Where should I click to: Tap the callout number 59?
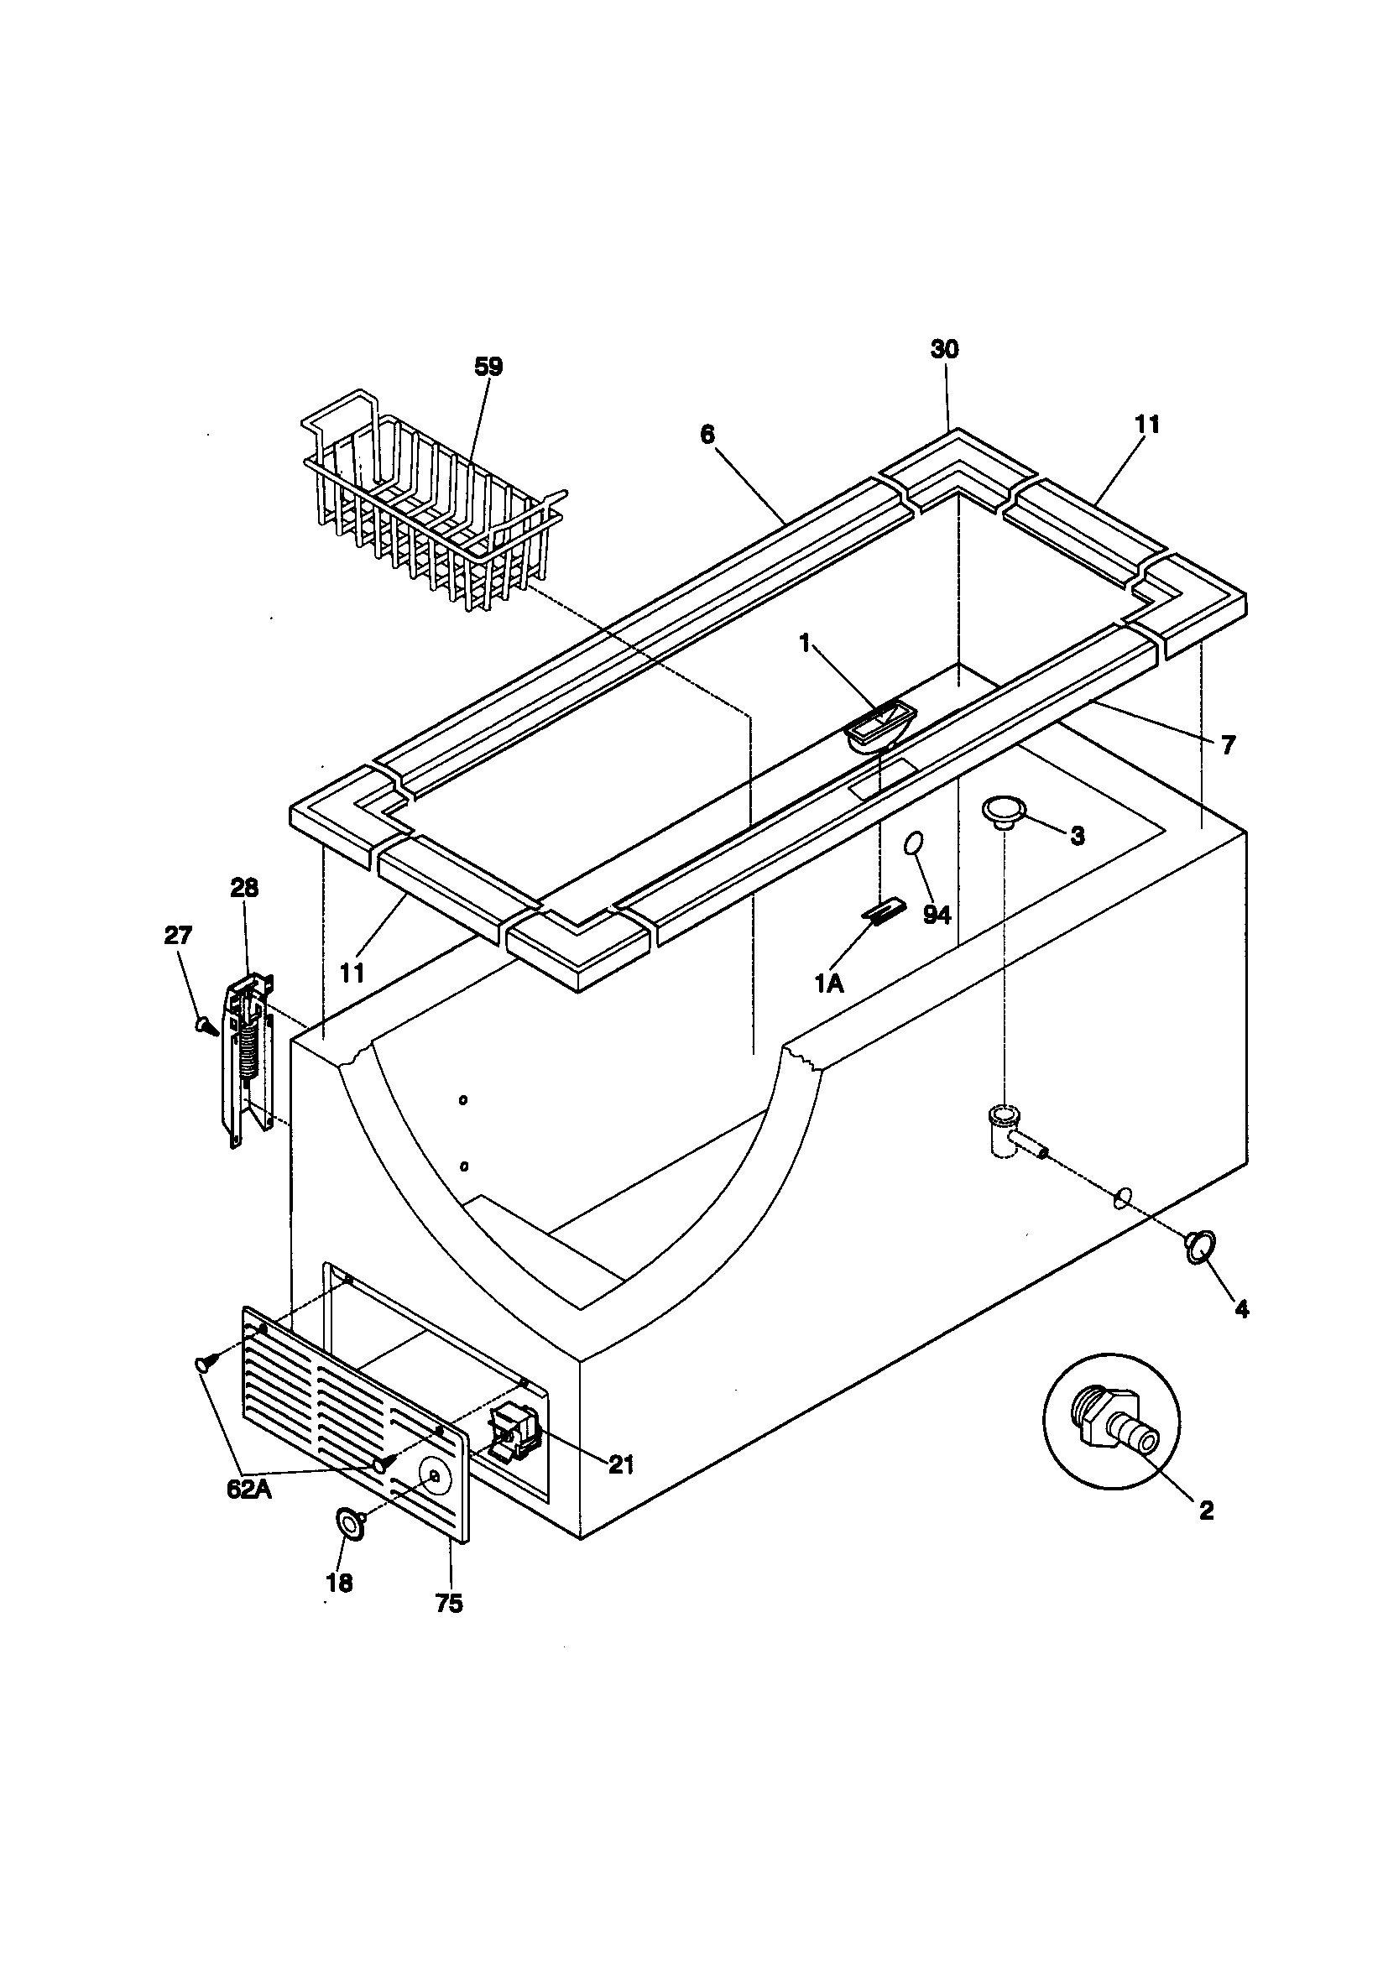(488, 367)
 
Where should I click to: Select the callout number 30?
(944, 348)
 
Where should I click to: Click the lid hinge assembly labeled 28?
(248, 1059)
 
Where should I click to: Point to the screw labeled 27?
(205, 1025)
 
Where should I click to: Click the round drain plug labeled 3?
(1004, 810)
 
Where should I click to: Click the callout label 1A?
(828, 984)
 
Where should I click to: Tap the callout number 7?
(1228, 745)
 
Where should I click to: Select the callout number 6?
(707, 434)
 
